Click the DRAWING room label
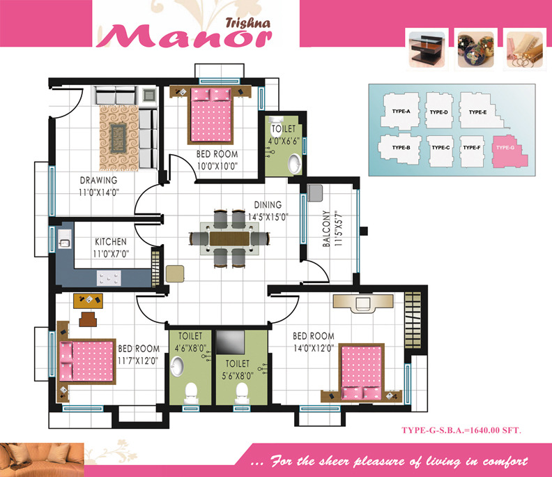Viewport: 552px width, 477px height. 98,180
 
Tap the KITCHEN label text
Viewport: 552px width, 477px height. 111,242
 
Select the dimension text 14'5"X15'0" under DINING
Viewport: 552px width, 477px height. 268,217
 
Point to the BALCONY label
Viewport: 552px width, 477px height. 326,229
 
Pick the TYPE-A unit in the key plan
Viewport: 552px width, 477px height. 401,111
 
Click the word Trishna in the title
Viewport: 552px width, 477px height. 248,23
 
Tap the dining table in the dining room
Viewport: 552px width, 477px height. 229,238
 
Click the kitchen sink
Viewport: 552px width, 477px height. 65,239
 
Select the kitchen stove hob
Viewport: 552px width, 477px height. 109,278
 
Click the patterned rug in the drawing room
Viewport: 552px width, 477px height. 118,139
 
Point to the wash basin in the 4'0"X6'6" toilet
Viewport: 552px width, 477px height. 294,163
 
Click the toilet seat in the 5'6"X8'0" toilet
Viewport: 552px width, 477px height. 242,393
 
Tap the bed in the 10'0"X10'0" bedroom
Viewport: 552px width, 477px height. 211,116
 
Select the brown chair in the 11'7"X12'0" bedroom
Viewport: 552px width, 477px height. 88,319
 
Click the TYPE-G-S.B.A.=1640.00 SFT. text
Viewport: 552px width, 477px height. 461,430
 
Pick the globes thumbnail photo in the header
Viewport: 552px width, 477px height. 475,50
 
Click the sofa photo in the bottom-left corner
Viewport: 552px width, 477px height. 42,460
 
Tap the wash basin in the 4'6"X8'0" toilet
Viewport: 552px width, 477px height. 177,366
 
